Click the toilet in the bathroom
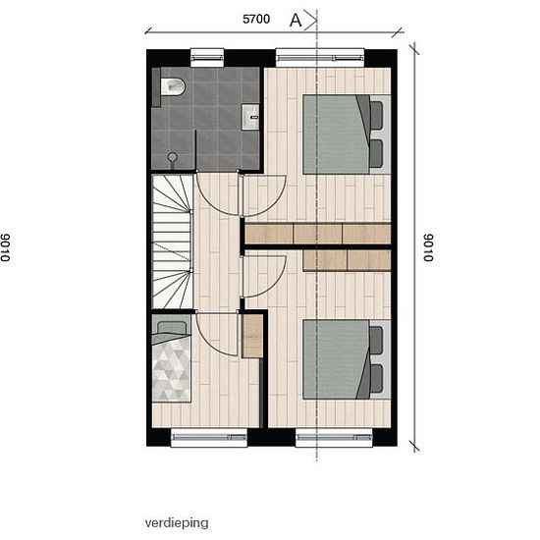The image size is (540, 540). (173, 86)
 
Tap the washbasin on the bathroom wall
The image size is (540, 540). (250, 117)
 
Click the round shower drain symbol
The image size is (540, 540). (173, 158)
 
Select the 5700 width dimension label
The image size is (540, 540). (256, 19)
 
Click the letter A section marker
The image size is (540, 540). (296, 21)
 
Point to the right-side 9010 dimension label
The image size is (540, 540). (428, 247)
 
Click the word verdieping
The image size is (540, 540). (177, 522)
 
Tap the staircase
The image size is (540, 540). (172, 242)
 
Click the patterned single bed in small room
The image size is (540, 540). (172, 361)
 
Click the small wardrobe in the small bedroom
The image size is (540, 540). (252, 336)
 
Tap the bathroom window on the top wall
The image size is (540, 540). (207, 58)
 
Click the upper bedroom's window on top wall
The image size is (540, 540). (320, 57)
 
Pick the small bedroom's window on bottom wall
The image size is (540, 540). (209, 438)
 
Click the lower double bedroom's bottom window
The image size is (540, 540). (334, 438)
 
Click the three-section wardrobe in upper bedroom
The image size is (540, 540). (318, 234)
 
